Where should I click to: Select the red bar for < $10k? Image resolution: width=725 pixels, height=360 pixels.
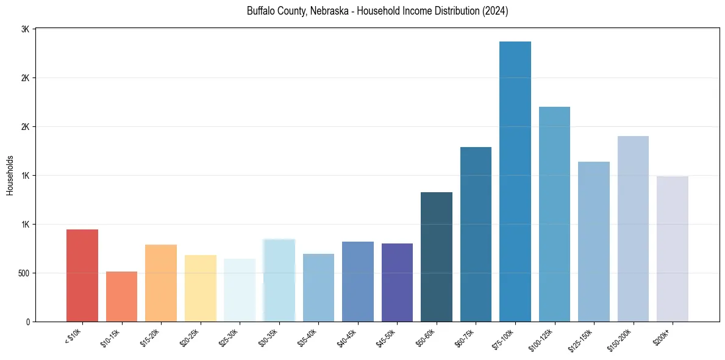pyautogui.click(x=82, y=275)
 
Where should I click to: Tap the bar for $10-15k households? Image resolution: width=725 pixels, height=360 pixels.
pyautogui.click(x=121, y=297)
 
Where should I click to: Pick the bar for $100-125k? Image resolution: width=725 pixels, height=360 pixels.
pyautogui.click(x=554, y=214)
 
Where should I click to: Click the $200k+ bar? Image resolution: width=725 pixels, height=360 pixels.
pyautogui.click(x=672, y=249)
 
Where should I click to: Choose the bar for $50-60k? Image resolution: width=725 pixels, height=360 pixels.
pyautogui.click(x=436, y=257)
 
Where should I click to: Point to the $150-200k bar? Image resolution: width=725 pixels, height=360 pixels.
pyautogui.click(x=633, y=229)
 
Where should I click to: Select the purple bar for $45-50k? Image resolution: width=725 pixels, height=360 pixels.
pyautogui.click(x=397, y=283)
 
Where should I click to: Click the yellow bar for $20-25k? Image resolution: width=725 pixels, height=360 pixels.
pyautogui.click(x=200, y=288)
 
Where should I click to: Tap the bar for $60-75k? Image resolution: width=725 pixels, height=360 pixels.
pyautogui.click(x=476, y=234)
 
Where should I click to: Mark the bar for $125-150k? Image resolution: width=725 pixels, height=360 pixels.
pyautogui.click(x=593, y=242)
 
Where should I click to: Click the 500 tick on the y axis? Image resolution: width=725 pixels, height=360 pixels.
pyautogui.click(x=24, y=273)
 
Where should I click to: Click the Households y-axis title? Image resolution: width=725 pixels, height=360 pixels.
pyautogui.click(x=10, y=175)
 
